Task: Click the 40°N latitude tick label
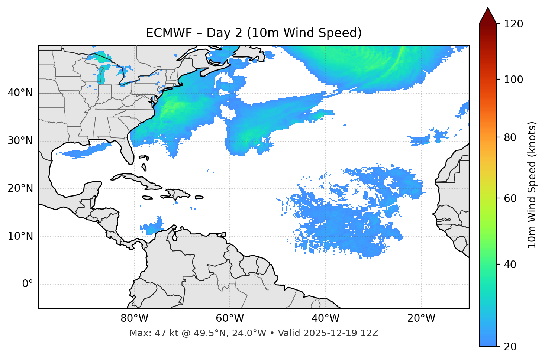20,93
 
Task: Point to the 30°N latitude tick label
20,141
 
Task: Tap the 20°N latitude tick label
20,188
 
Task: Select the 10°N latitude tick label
20,236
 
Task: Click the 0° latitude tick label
28,284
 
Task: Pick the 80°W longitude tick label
134,318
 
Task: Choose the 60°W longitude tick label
230,318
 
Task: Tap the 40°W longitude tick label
325,318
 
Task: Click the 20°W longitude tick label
421,318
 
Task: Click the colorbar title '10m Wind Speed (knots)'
532,185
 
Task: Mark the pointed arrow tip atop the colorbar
488,9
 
